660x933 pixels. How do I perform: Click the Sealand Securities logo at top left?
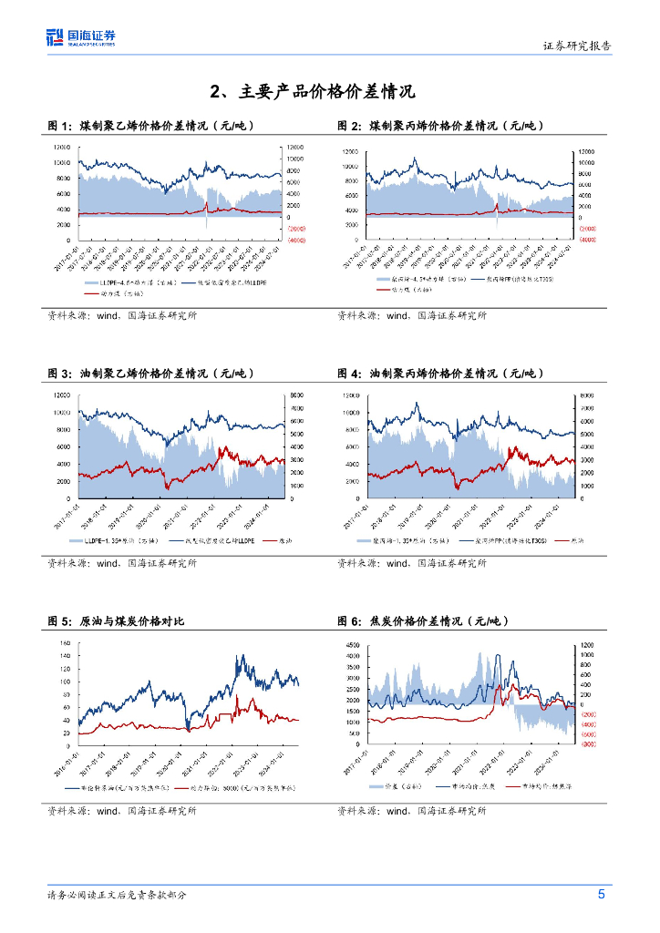point(81,37)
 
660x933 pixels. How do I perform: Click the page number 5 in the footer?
point(603,894)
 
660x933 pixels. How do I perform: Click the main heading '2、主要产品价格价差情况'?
point(312,91)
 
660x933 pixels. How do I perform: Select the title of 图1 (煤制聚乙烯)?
point(150,126)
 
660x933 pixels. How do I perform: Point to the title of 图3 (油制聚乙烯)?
point(150,374)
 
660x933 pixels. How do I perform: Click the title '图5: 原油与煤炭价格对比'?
point(116,621)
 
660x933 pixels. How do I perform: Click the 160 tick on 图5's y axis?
point(63,643)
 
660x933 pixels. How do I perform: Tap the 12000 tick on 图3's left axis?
point(62,395)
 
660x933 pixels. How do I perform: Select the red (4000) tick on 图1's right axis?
point(297,240)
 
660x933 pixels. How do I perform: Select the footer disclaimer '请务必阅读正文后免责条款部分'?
point(118,895)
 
